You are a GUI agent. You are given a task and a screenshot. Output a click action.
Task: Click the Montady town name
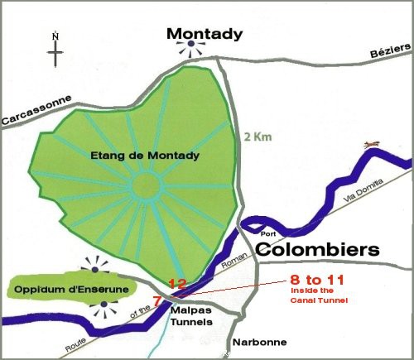coord(205,34)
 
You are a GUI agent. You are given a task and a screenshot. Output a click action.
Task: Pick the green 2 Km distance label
coord(255,137)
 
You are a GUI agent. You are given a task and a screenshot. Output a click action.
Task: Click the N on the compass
coord(55,36)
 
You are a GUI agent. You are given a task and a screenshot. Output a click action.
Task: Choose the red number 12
coord(177,284)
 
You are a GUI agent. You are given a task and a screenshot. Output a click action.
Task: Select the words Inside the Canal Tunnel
coord(315,295)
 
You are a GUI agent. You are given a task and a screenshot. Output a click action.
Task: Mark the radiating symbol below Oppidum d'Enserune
coord(103,311)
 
